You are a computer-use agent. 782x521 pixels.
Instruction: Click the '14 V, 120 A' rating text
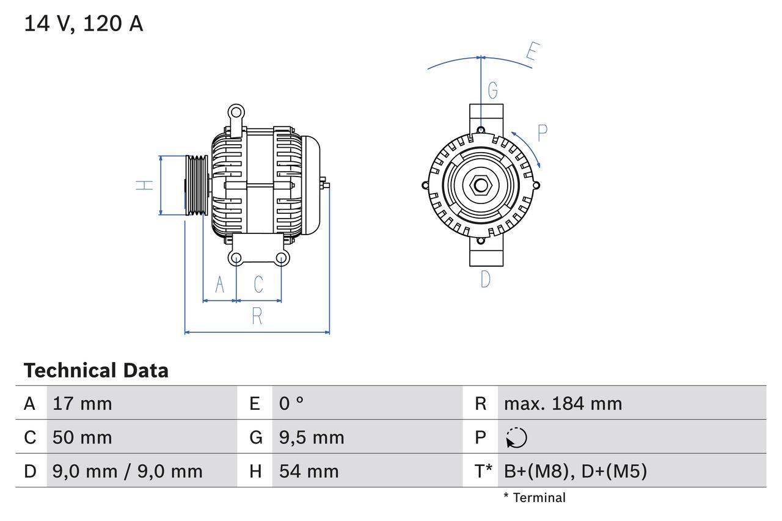(84, 23)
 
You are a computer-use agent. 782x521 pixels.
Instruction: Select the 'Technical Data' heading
(96, 371)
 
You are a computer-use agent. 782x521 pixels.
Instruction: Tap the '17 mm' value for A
(82, 404)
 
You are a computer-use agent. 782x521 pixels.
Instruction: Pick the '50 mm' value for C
(82, 437)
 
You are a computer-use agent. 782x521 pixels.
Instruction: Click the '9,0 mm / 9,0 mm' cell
(127, 471)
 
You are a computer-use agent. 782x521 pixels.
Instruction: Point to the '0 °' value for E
(291, 404)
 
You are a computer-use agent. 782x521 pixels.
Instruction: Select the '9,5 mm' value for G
(312, 437)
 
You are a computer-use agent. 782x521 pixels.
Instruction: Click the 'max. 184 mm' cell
(563, 404)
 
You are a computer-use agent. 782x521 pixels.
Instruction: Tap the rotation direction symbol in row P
(516, 438)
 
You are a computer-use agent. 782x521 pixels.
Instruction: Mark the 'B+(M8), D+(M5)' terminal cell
(575, 471)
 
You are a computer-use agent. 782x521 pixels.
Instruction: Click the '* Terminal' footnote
(535, 498)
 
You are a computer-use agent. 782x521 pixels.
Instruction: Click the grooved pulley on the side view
(196, 185)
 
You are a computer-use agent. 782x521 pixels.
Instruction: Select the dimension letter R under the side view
(257, 316)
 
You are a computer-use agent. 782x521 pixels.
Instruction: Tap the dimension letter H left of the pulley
(144, 184)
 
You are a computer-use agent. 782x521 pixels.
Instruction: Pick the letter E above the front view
(532, 54)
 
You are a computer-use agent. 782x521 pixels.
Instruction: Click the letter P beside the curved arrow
(542, 133)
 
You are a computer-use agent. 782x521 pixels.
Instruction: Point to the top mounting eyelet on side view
(235, 112)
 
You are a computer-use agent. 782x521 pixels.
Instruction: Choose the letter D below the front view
(485, 279)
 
